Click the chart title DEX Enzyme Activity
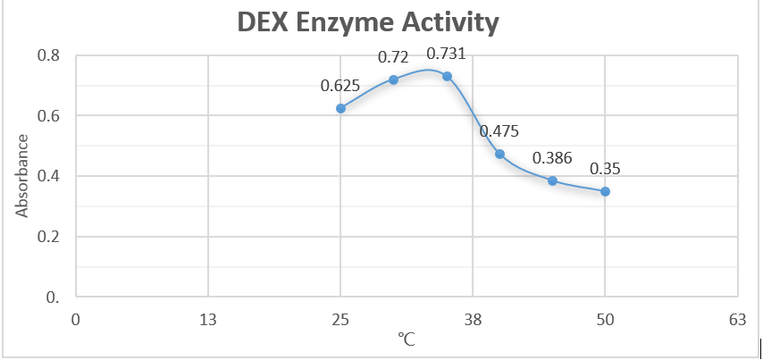click(379, 23)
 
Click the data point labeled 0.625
click(340, 108)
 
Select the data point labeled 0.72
click(393, 80)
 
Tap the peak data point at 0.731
click(447, 76)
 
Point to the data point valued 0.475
click(499, 154)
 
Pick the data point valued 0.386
click(552, 180)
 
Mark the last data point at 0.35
click(605, 191)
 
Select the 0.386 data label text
click(552, 159)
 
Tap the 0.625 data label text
click(340, 87)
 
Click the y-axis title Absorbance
click(22, 175)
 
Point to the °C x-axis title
click(407, 340)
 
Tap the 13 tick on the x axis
click(208, 319)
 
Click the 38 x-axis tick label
click(473, 319)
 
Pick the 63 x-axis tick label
click(737, 319)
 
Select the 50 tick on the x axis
click(605, 319)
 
